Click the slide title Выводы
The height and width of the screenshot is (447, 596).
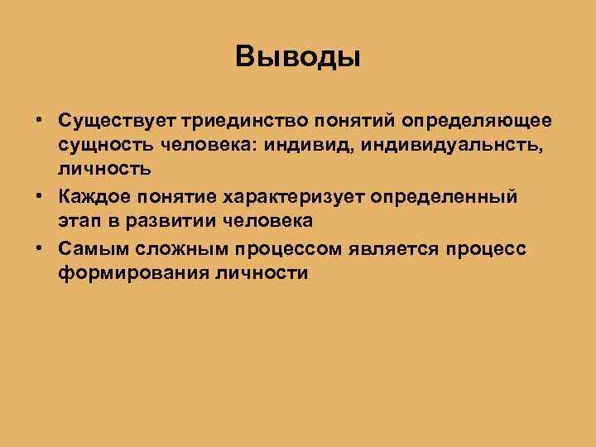[297, 57]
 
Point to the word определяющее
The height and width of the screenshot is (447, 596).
[476, 121]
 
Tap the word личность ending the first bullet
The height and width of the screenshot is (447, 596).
[104, 171]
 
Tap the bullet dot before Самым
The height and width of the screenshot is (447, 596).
[40, 248]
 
